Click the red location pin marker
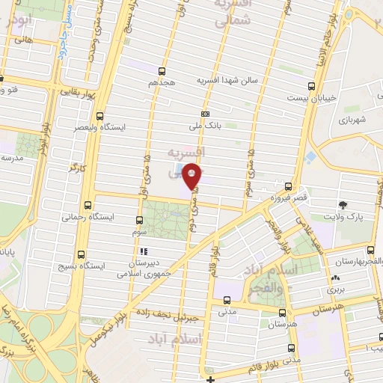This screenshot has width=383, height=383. coord(192,175)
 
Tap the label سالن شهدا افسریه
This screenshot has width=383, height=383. coord(227,80)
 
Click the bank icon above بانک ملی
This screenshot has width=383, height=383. coord(205,113)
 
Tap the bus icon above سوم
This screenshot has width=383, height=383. coord(140,220)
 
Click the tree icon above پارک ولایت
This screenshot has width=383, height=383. coord(343,204)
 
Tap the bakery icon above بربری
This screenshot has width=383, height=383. coord(333,278)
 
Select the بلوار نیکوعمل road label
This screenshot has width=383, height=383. coord(106,314)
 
